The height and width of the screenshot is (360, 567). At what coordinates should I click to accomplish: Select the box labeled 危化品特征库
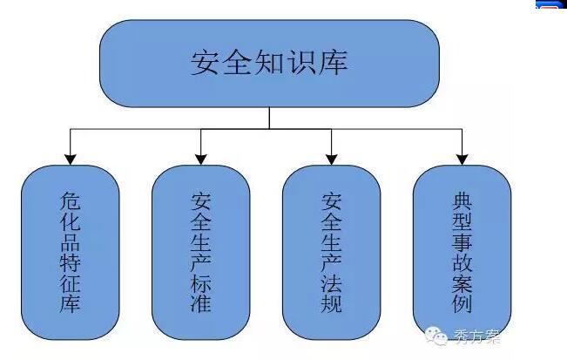tap(70, 252)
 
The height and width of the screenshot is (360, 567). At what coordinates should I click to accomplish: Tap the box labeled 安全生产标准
tap(200, 252)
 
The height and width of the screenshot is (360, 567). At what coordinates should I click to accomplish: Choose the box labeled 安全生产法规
tap(332, 252)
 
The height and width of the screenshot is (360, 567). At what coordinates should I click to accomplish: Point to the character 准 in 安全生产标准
tap(200, 304)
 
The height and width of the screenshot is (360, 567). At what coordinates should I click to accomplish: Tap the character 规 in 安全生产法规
tap(332, 304)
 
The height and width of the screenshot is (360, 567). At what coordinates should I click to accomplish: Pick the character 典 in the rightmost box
tap(462, 198)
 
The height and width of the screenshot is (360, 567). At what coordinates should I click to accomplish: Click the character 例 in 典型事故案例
tap(462, 305)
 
